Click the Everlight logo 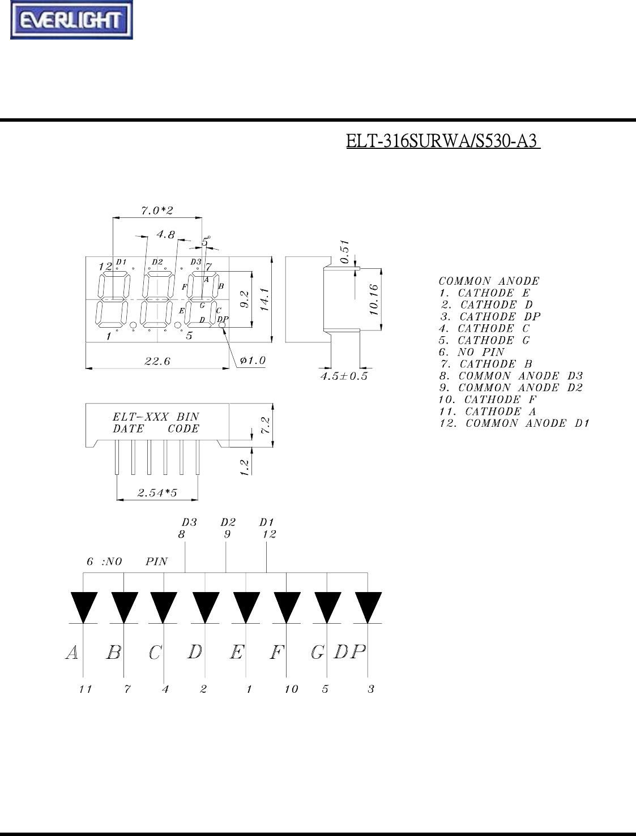coord(71,21)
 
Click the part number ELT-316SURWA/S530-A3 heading coord(443,141)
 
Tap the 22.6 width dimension coord(157,361)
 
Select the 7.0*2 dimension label coord(157,211)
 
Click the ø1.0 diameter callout coord(253,360)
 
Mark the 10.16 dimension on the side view coord(373,300)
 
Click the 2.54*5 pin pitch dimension coord(157,493)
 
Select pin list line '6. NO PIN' coord(472,352)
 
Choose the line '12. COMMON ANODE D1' coord(514,423)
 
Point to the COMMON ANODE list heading coord(489,281)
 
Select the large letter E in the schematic coord(237,653)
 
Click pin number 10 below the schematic coord(291,689)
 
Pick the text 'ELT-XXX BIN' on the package coord(156,417)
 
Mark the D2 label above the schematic coord(228,522)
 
